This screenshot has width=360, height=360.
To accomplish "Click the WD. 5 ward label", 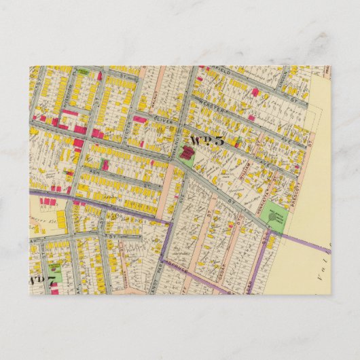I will click(206, 141).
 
